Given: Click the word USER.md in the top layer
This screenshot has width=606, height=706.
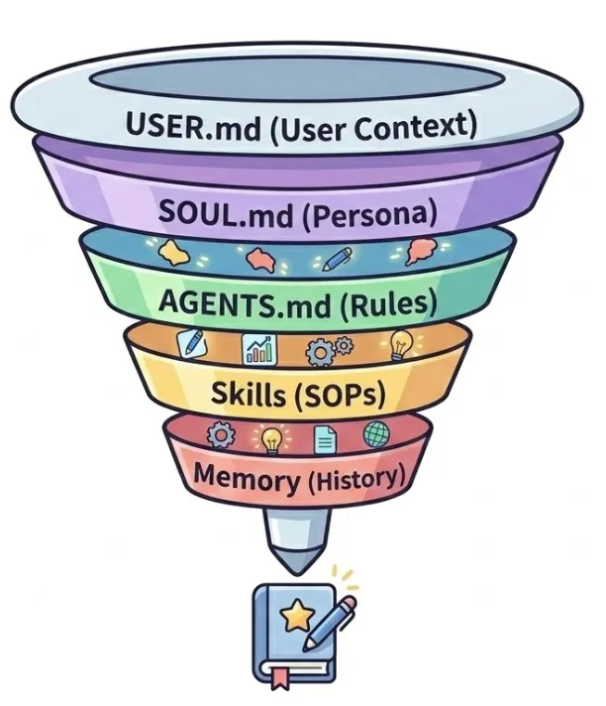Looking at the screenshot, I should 188,127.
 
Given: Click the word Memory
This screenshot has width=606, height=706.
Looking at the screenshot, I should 247,479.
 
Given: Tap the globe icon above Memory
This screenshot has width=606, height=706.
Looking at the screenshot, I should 377,434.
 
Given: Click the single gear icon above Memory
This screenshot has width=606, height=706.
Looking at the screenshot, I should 220,434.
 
